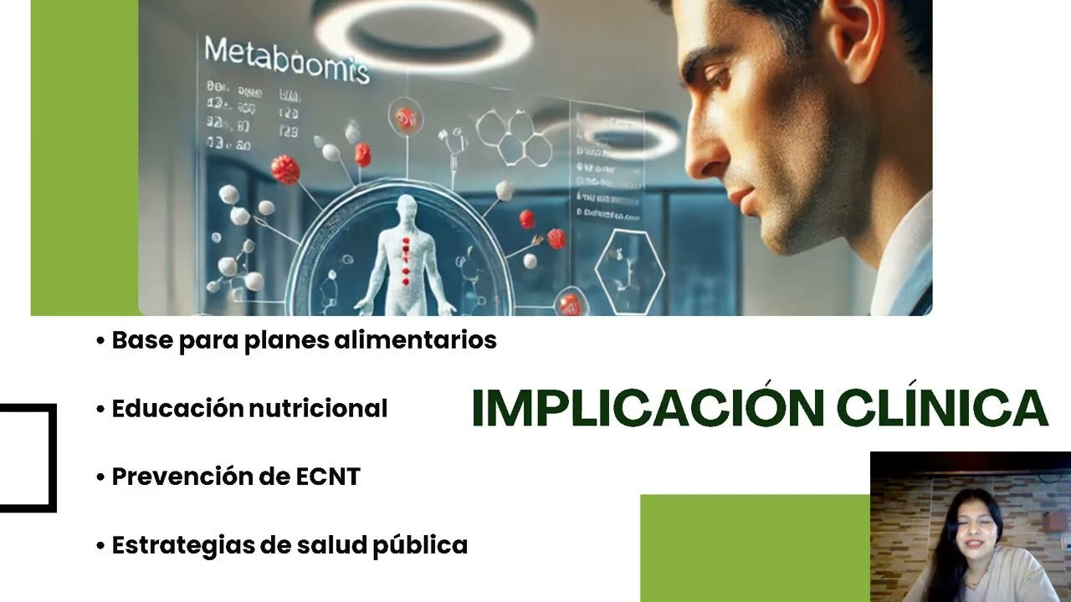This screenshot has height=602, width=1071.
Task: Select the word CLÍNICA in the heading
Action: (x=941, y=408)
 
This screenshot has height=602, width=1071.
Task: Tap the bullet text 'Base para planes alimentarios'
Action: (x=304, y=340)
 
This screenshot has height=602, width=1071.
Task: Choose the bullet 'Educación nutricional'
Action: (x=249, y=409)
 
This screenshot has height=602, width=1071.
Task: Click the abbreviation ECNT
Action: (x=328, y=477)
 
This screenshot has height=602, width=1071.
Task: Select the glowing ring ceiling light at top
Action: (x=423, y=33)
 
